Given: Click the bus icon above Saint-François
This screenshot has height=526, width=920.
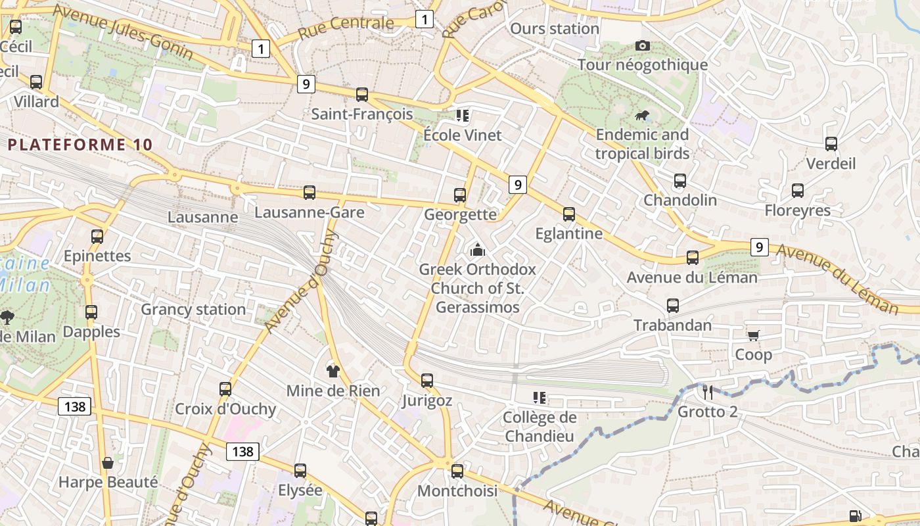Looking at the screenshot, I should point(362,94).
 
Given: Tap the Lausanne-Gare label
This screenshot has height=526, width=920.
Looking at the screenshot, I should point(309,212).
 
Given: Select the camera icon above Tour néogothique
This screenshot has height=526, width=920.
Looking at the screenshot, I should point(643,45).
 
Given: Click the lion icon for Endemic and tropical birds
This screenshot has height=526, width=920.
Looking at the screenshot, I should point(642,116).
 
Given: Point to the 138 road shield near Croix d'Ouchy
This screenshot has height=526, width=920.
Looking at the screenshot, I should point(242,452).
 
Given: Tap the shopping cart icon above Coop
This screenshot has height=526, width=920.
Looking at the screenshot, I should point(754,335).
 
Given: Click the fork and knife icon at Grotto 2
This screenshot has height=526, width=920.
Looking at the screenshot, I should point(708,393).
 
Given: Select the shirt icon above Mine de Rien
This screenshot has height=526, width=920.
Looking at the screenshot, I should point(333,371).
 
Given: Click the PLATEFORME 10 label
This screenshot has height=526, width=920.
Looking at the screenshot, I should point(80,145).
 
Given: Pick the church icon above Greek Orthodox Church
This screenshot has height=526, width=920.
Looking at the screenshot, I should point(478,250).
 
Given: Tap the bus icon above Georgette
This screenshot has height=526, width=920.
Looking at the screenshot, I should point(460,195).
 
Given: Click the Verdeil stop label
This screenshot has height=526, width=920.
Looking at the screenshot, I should point(831,163).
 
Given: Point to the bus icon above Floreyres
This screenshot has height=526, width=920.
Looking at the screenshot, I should point(798,191).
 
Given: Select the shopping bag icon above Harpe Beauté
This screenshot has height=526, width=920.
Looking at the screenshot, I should point(108,462).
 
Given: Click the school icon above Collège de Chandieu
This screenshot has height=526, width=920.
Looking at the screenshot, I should point(540,397).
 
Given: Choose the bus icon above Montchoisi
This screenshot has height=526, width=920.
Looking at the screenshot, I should point(457,471).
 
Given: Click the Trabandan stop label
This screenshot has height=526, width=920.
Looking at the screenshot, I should point(672,325).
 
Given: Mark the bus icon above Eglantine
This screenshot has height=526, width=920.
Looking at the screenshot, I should point(569,214).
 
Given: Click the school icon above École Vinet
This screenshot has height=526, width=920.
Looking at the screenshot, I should point(462,116).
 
